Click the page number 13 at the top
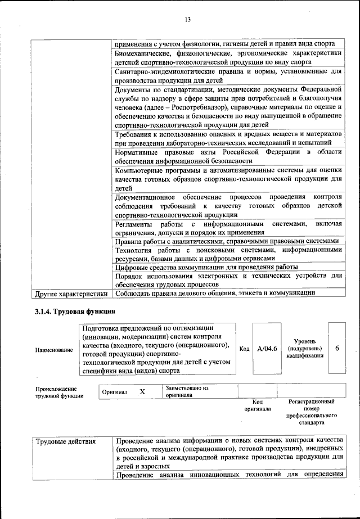pos(188,20)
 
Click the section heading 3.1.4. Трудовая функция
pos(75,312)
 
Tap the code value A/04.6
pos(267,349)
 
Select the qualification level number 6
pos(337,349)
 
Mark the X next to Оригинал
pos(142,392)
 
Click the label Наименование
pos(54,350)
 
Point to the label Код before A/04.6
pos(245,349)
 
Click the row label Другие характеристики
pos(71,293)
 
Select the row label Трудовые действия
pos(66,441)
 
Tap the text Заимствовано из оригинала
pos(187,391)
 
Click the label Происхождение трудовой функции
pos(56,392)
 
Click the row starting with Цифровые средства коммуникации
pos(206,267)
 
